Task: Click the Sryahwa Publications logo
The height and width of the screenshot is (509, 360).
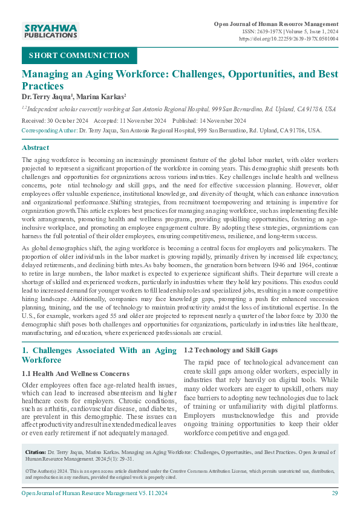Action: [50, 31]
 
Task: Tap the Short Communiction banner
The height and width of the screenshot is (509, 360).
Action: [79, 56]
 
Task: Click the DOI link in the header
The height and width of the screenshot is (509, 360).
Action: [289, 38]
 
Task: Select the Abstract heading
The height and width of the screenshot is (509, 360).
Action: [36, 148]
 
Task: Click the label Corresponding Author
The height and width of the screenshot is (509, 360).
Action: [49, 130]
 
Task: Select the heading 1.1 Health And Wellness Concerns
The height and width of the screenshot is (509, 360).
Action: [75, 373]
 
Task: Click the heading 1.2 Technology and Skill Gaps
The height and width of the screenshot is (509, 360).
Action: [231, 350]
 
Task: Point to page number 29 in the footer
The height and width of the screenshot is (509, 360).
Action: [335, 493]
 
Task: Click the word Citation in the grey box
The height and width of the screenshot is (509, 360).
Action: [36, 452]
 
